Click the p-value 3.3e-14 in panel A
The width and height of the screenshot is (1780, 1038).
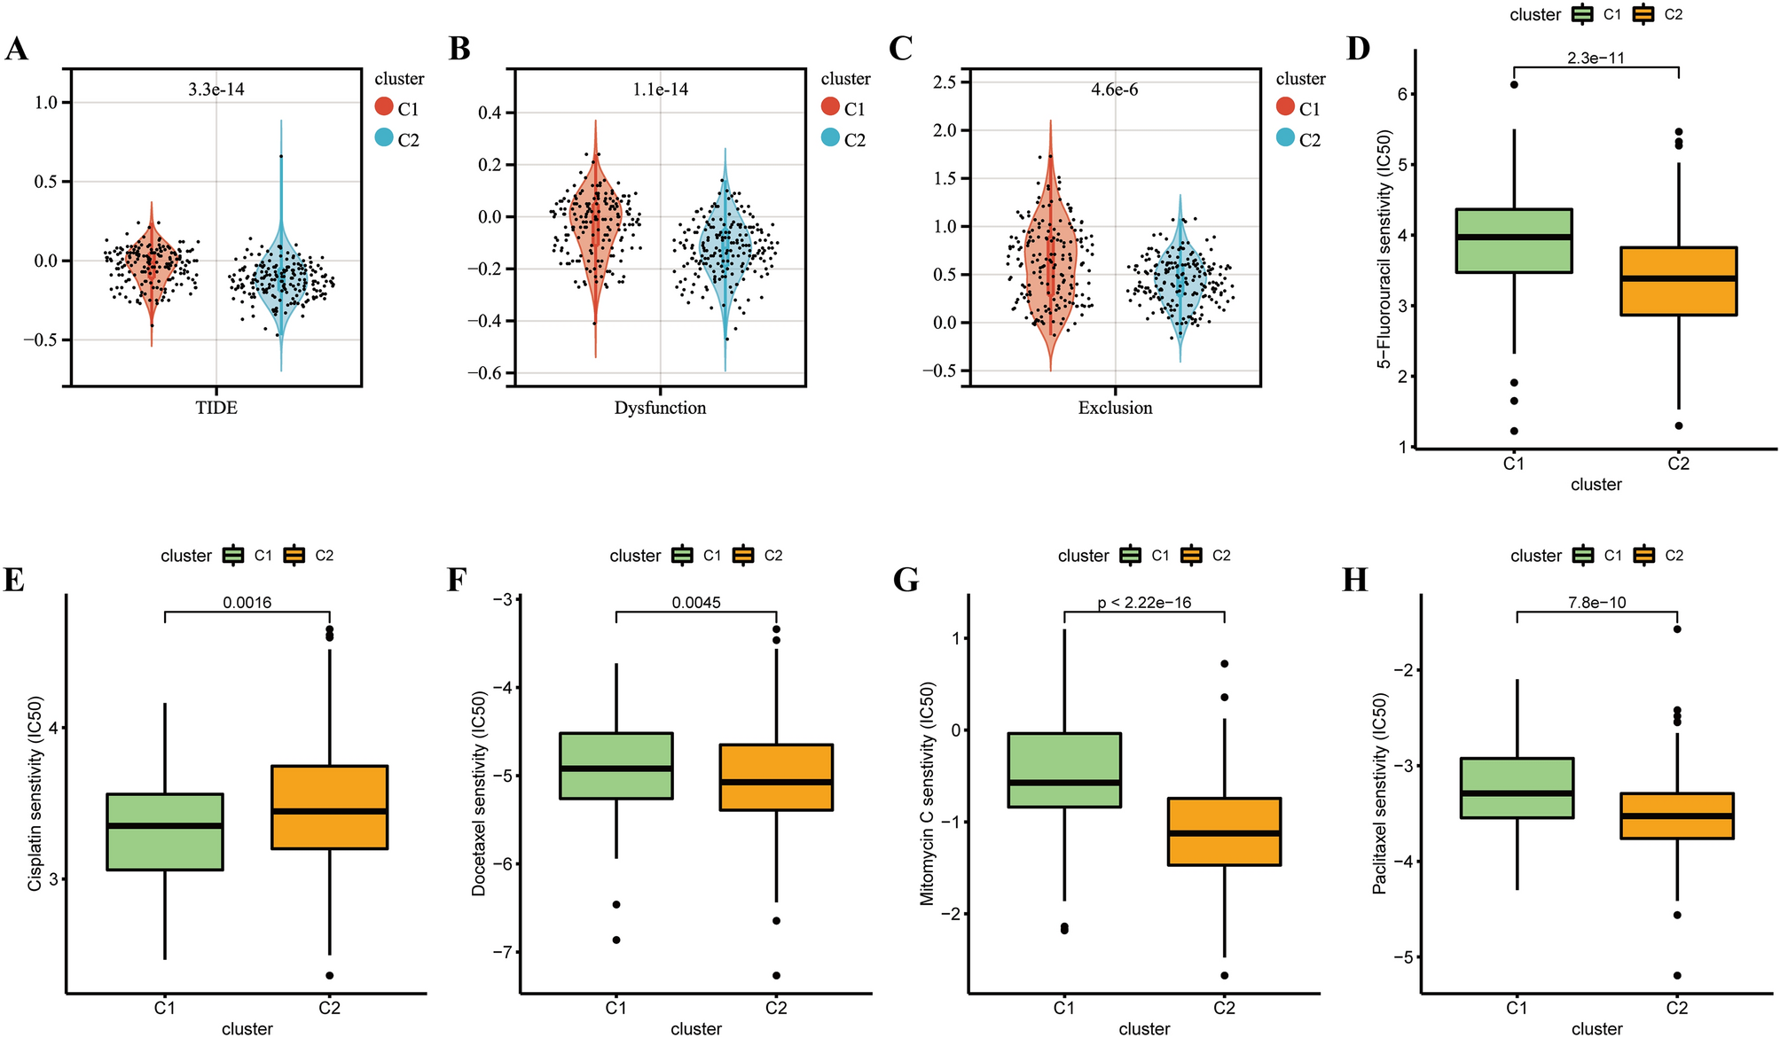216,90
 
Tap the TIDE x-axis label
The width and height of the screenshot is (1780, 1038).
216,408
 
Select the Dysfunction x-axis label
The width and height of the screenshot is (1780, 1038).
660,408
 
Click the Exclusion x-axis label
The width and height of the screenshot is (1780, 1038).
1115,408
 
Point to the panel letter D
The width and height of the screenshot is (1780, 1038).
1358,49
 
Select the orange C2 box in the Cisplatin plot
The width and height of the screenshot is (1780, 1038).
329,807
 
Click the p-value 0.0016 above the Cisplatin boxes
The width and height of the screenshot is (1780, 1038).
247,603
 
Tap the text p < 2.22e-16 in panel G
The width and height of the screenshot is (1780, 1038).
1144,603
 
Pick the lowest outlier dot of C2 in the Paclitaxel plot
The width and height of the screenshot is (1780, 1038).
1676,975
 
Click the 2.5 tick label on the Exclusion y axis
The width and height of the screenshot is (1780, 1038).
945,82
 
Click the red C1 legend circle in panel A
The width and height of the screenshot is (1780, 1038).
384,107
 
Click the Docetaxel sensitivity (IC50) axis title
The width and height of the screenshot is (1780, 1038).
479,793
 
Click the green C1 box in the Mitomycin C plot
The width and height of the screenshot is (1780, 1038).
1064,769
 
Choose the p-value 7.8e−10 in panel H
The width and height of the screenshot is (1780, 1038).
1596,603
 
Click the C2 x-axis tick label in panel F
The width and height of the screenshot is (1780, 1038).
776,1008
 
